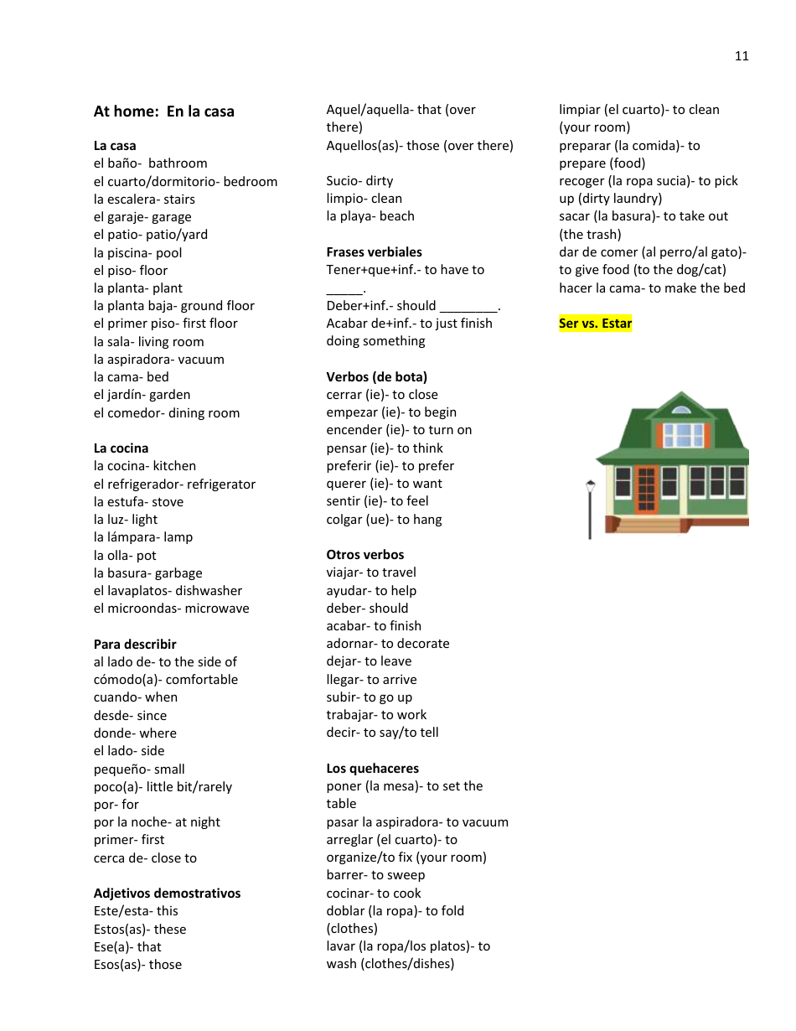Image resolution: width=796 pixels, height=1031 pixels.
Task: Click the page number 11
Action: coord(742,56)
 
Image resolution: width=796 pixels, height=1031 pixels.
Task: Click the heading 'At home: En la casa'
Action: coord(164,111)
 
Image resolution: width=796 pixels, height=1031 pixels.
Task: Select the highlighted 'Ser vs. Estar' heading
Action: coord(596,324)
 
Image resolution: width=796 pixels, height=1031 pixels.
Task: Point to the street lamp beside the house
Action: coord(590,507)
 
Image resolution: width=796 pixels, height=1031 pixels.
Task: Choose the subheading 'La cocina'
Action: coord(121,448)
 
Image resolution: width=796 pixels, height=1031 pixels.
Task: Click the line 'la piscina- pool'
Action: coord(138,253)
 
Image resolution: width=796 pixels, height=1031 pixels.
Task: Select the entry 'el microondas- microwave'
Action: coord(172,609)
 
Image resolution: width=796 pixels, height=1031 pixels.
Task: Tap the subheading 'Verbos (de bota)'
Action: coord(377,377)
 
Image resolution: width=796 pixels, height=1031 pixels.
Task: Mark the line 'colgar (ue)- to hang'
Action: coord(385,520)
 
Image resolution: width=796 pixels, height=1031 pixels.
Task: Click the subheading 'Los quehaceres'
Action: coord(373,769)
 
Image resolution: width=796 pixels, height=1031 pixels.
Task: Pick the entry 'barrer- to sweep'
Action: coord(376,875)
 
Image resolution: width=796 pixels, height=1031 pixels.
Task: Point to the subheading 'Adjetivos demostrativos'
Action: coord(168,894)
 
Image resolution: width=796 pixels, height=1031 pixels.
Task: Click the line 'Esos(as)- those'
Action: coord(138,965)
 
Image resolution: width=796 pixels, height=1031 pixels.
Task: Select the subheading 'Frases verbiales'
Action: coord(375,252)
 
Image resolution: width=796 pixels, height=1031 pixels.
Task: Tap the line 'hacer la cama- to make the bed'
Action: coord(653,288)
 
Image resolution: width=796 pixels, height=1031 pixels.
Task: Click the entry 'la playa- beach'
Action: coord(370,216)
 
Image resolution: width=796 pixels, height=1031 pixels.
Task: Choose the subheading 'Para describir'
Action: coord(135,645)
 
